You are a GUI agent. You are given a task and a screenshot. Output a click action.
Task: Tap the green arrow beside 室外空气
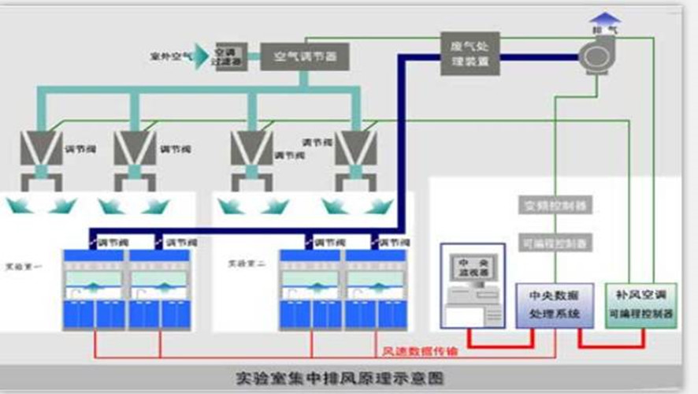tap(202, 56)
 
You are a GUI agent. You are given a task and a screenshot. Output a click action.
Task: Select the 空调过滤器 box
tap(228, 56)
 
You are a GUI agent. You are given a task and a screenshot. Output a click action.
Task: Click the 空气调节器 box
tap(304, 57)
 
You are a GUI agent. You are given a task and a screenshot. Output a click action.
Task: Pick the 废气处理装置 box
tap(470, 54)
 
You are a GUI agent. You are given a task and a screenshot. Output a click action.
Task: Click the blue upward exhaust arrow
tap(605, 17)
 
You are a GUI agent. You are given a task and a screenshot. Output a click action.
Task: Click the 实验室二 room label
tap(242, 263)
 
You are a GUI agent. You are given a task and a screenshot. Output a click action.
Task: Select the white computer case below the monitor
tap(471, 313)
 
